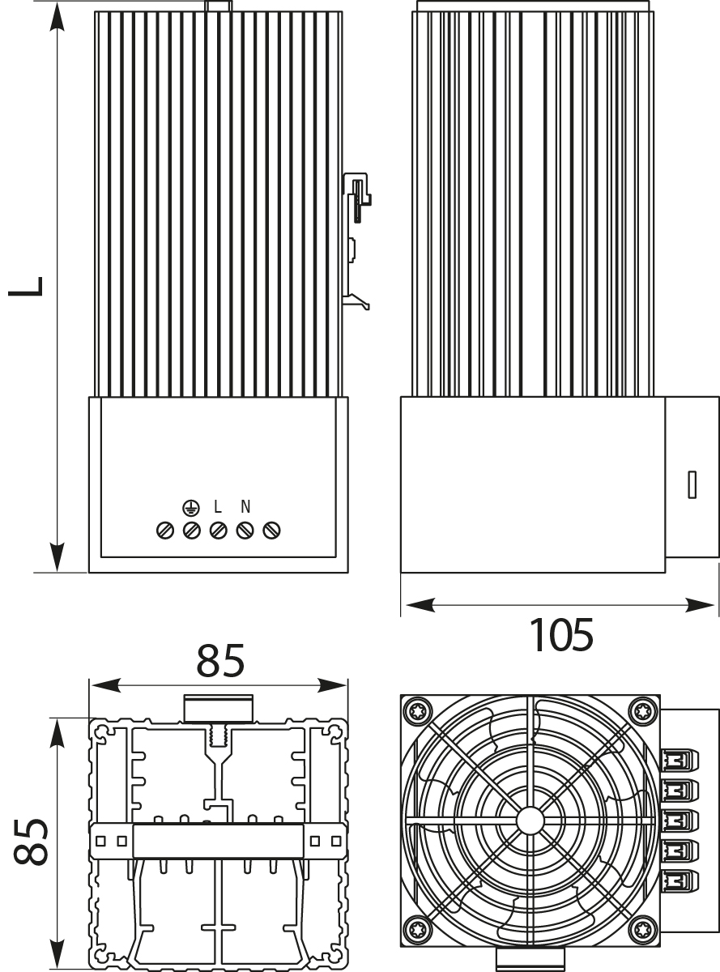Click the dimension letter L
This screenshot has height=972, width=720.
[x=27, y=287]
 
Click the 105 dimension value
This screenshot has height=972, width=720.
[x=560, y=634]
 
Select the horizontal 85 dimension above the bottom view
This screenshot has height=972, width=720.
[x=220, y=662]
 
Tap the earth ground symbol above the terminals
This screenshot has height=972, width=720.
[x=190, y=508]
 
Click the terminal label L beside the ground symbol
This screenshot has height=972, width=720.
[x=218, y=508]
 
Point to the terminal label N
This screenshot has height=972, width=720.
[x=245, y=508]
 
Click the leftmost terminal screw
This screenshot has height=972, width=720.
[x=164, y=531]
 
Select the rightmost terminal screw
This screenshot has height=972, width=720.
[x=273, y=531]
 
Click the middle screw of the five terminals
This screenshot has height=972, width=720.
[x=218, y=531]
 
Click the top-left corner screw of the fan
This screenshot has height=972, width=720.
[x=419, y=712]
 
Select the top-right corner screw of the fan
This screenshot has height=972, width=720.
[x=641, y=712]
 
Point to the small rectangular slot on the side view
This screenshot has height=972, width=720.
[x=692, y=484]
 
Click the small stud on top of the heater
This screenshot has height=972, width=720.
[x=218, y=6]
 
